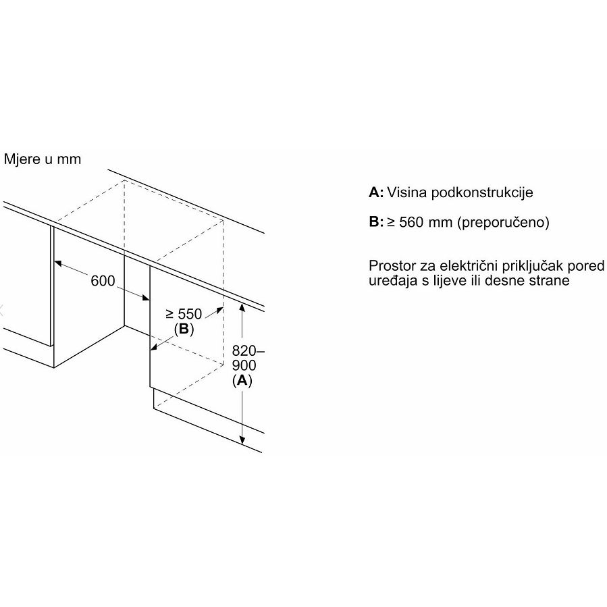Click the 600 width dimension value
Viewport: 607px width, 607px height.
(103, 281)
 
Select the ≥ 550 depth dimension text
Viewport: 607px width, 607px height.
(184, 313)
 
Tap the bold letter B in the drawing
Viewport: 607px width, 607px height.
(184, 329)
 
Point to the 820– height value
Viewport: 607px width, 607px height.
(248, 350)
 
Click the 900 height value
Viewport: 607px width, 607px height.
(244, 365)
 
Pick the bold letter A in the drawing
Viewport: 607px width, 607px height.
(242, 381)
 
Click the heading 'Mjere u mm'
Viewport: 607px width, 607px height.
(42, 159)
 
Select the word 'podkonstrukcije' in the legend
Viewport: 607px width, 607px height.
(482, 192)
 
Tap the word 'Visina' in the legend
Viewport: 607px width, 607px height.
(406, 192)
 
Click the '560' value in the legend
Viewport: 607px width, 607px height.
(411, 222)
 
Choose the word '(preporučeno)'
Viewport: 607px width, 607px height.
(503, 223)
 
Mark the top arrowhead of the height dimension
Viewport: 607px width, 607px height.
(242, 307)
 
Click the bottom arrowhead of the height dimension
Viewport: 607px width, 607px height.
(242, 440)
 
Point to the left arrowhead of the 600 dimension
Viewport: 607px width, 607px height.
(58, 263)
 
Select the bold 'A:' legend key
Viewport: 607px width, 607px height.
(376, 192)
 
